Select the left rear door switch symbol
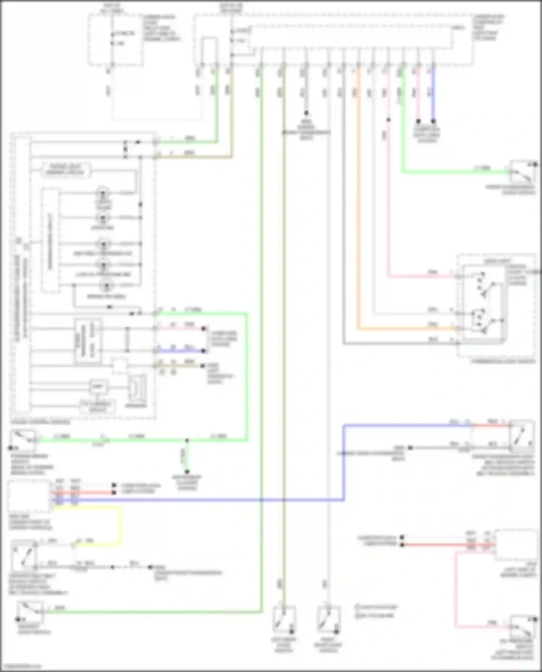click(284, 619)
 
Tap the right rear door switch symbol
click(328, 619)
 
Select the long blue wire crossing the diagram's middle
click(217, 500)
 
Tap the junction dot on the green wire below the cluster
click(187, 441)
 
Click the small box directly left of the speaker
click(98, 386)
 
